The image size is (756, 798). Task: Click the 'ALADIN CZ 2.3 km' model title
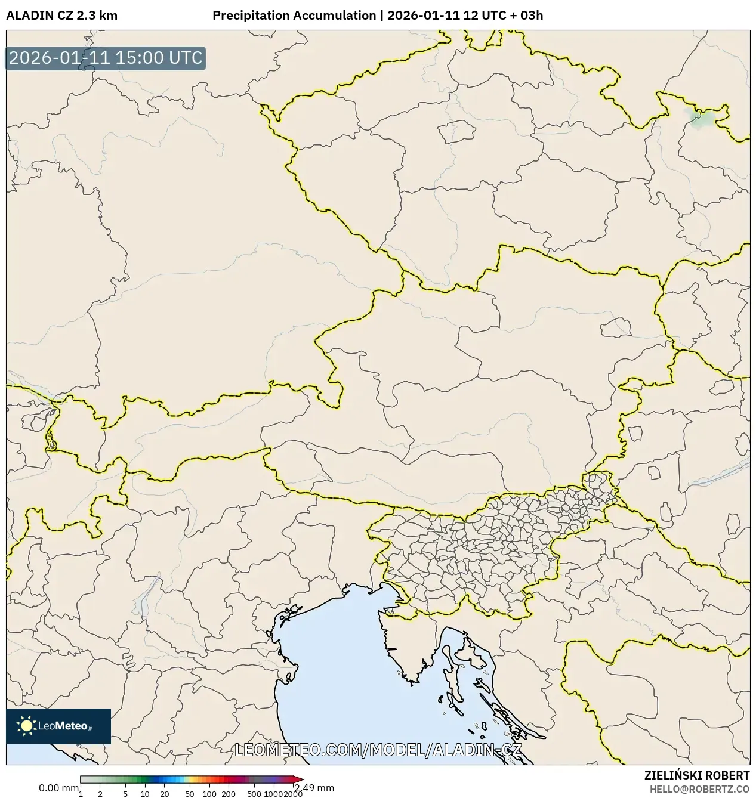(61, 16)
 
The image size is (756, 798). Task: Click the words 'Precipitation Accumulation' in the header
(294, 16)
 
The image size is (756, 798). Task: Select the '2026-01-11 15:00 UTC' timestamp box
(106, 58)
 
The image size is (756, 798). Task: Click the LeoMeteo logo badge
(58, 726)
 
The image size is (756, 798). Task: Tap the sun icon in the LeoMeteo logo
(27, 726)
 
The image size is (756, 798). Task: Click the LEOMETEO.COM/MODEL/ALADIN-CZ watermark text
(378, 750)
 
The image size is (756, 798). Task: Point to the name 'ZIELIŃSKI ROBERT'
(696, 775)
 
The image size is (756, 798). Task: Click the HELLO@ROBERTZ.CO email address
(699, 788)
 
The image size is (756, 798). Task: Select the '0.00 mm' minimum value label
(58, 788)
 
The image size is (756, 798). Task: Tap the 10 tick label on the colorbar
(145, 794)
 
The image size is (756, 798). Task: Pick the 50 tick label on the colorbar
(190, 794)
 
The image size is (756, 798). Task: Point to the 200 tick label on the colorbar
(229, 794)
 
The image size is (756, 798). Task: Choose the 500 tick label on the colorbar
(254, 794)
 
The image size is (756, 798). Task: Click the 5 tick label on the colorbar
(125, 794)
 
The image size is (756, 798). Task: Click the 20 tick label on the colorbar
(165, 794)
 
